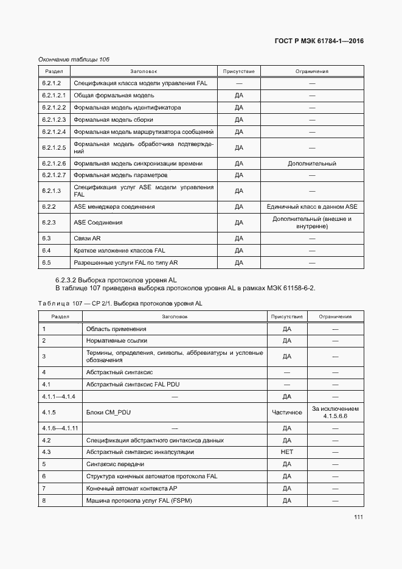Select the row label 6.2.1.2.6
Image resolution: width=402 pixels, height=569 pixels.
tap(54, 164)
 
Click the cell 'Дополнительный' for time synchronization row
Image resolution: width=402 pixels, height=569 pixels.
tap(311, 164)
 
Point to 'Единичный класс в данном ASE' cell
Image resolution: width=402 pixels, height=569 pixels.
tap(312, 207)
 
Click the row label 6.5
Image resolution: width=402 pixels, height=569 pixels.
tap(46, 262)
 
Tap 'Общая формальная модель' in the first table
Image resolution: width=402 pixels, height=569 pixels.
tap(105, 96)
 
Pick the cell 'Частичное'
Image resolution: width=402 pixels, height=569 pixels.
tap(287, 412)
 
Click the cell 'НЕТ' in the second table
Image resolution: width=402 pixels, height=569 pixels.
tap(287, 452)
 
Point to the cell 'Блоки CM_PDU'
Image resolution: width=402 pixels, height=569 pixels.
tap(109, 412)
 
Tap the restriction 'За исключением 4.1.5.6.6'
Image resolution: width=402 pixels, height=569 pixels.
tap(334, 412)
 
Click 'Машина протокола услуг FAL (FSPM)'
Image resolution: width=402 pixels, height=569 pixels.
tap(139, 500)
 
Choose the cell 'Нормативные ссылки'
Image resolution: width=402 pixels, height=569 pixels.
tap(116, 341)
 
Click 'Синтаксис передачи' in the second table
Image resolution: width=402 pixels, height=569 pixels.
tap(111, 464)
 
